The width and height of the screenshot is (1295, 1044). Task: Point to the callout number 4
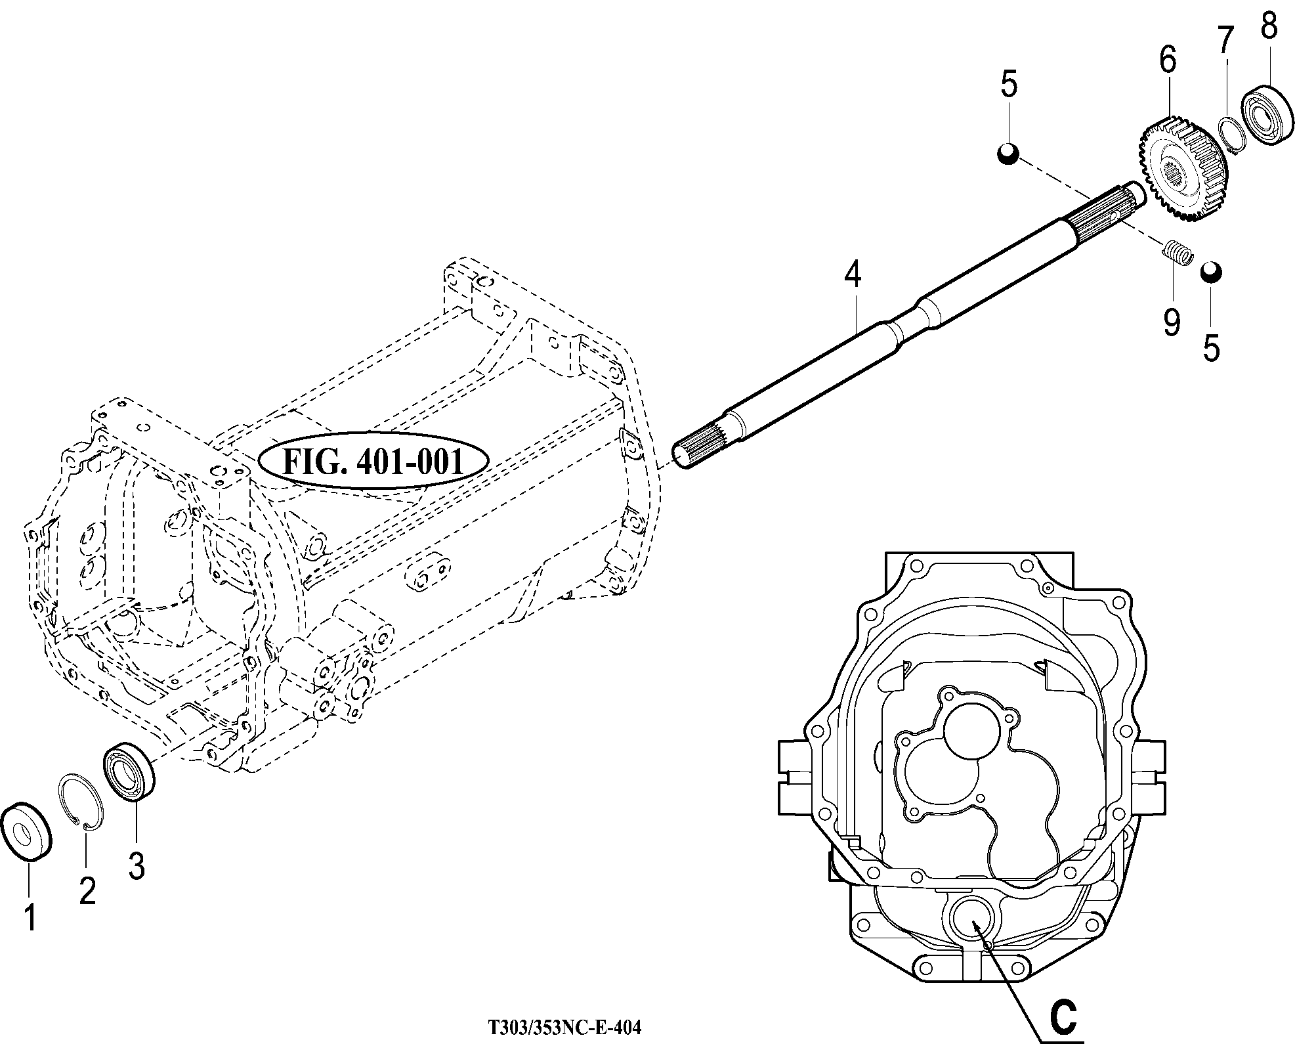[x=853, y=274]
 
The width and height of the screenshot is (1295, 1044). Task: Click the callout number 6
[x=1167, y=60]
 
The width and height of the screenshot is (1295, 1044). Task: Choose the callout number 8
[x=1269, y=26]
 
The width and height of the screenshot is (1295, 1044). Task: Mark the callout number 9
[x=1172, y=322]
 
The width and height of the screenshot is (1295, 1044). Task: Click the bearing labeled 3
[x=130, y=770]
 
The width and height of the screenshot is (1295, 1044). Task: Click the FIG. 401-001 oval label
[x=373, y=462]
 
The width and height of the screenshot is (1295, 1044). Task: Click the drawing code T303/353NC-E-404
[x=564, y=1027]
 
